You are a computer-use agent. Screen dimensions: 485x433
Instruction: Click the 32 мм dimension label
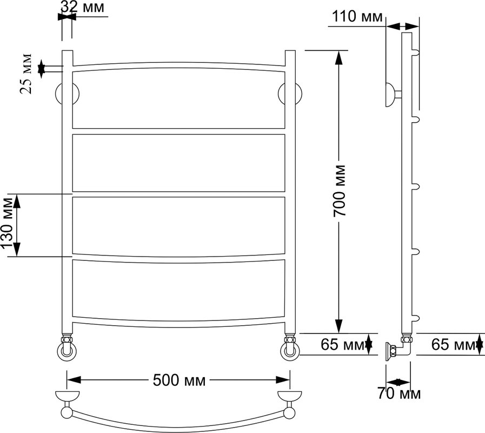tap(83, 7)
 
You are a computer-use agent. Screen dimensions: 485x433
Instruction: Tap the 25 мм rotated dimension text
tap(25, 74)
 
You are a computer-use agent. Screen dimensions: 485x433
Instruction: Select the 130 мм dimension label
tap(8, 223)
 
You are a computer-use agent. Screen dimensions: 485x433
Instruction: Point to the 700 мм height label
tap(340, 191)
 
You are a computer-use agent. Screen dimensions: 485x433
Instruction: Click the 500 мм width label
tap(179, 380)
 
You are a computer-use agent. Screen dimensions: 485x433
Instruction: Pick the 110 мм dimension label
tap(357, 16)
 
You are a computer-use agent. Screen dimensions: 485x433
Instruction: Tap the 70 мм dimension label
tap(399, 393)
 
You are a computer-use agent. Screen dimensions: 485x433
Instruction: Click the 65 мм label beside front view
tap(343, 344)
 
